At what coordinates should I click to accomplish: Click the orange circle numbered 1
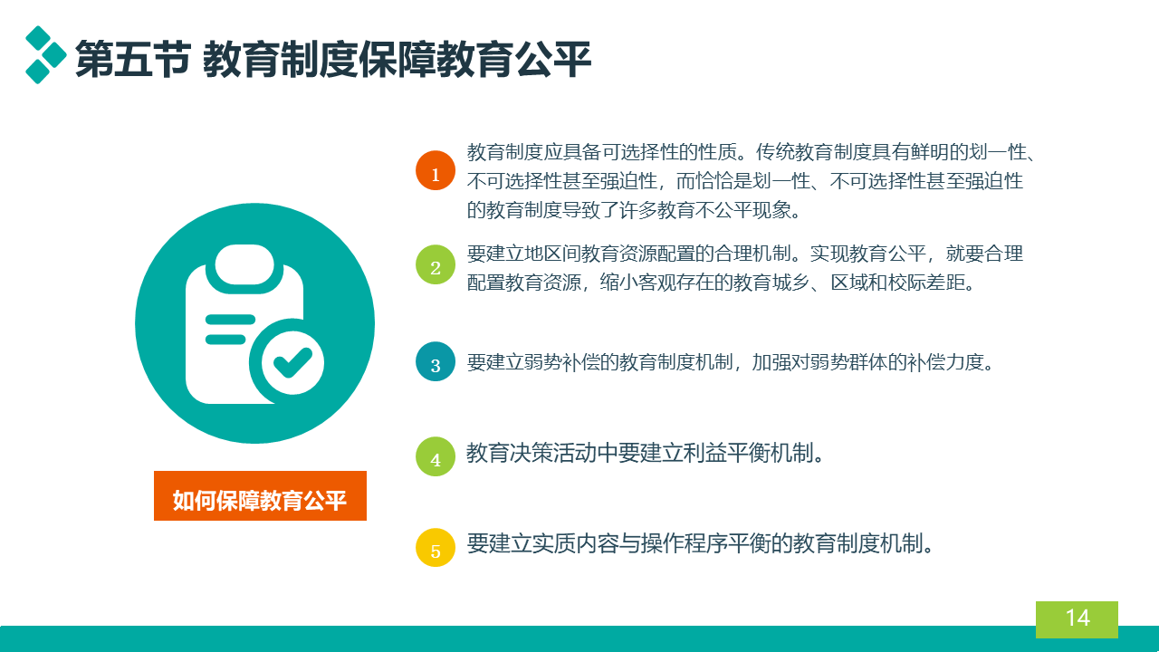pos(436,170)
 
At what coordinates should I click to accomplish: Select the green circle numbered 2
pos(436,264)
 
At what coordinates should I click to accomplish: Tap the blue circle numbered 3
pos(436,361)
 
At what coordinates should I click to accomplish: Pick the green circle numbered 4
pos(436,456)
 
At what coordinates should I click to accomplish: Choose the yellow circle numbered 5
pos(436,548)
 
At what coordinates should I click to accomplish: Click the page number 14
pos(1078,618)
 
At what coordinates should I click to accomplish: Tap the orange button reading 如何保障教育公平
pos(260,495)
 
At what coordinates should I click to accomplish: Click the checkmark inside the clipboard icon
pos(292,362)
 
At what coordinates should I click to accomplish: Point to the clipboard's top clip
pos(244,265)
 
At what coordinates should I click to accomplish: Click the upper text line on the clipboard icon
pos(230,320)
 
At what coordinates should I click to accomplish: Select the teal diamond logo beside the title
pos(45,54)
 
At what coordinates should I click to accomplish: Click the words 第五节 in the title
pos(133,60)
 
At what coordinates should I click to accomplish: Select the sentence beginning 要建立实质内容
pos(700,544)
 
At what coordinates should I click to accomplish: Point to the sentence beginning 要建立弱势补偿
pos(731,362)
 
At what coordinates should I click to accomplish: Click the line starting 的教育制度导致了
pos(635,210)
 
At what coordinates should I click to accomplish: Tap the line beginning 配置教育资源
pos(721,283)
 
